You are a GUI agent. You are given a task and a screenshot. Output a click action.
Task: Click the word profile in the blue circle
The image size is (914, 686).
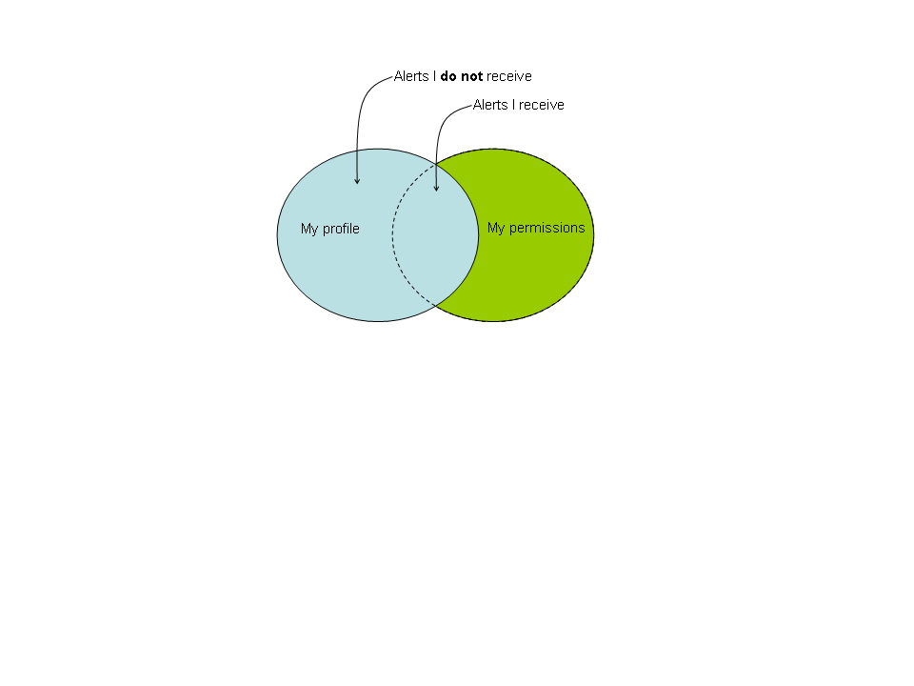tap(341, 230)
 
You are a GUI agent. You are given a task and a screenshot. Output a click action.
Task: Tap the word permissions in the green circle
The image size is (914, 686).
tap(546, 228)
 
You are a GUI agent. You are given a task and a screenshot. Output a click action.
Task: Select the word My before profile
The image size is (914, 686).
tap(309, 230)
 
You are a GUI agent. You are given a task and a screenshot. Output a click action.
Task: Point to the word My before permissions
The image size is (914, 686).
tap(496, 228)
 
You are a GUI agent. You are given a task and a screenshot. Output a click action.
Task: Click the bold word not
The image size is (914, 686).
tap(471, 76)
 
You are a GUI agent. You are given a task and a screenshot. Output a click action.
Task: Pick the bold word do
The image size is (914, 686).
tap(448, 76)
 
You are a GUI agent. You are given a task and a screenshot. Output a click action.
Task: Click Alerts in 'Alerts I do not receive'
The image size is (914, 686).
tap(411, 76)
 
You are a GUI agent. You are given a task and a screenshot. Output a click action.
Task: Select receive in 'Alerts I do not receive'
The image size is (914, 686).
tap(508, 76)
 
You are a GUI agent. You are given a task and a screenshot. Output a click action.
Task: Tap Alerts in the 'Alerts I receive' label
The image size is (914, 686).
tap(490, 105)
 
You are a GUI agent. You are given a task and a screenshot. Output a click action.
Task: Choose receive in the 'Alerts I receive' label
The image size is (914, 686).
tap(542, 105)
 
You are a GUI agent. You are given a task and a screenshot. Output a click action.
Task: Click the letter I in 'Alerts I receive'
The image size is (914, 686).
tap(513, 105)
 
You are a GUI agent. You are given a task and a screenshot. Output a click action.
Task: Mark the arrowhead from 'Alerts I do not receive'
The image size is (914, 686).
tap(357, 181)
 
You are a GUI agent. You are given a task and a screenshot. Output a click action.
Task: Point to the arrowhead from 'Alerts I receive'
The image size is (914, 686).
tap(436, 189)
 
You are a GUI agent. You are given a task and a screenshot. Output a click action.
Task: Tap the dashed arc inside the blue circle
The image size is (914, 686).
tap(392, 235)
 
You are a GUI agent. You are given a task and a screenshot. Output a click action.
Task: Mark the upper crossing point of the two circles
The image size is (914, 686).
tap(436, 165)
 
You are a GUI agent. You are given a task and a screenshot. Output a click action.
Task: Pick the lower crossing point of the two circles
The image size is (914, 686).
tap(435, 305)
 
